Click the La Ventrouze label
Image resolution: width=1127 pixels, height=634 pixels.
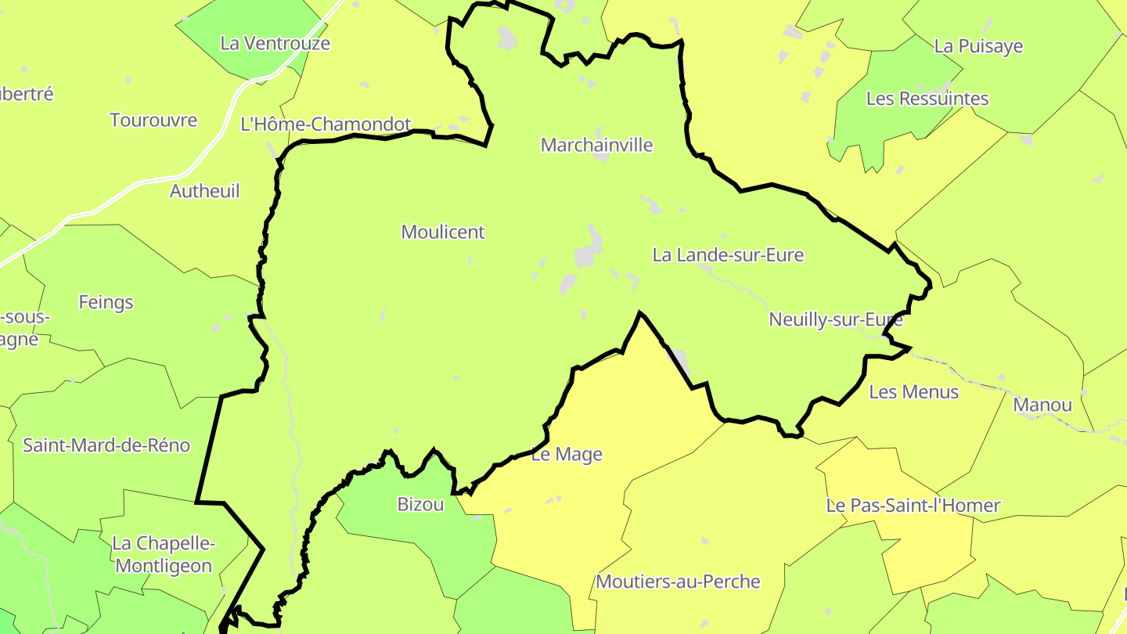(x=275, y=44)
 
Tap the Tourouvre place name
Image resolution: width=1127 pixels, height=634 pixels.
(x=153, y=121)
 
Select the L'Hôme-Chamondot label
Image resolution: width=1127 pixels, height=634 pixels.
(x=326, y=124)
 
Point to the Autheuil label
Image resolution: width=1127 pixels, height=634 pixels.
(x=205, y=191)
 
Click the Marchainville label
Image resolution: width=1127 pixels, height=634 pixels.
(x=596, y=145)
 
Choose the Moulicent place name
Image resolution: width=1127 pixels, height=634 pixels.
(x=443, y=232)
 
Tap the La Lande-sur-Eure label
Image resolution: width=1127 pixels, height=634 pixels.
(x=728, y=255)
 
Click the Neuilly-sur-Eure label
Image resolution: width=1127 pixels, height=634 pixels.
(x=836, y=319)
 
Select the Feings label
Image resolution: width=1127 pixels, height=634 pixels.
(x=106, y=302)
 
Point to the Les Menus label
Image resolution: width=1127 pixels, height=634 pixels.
(x=914, y=392)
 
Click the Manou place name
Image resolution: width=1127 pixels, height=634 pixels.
(x=1042, y=405)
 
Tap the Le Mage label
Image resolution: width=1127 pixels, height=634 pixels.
(x=567, y=455)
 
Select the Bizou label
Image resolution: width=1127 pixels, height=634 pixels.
(x=420, y=505)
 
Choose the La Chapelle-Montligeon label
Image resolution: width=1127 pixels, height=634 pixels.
(x=164, y=555)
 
